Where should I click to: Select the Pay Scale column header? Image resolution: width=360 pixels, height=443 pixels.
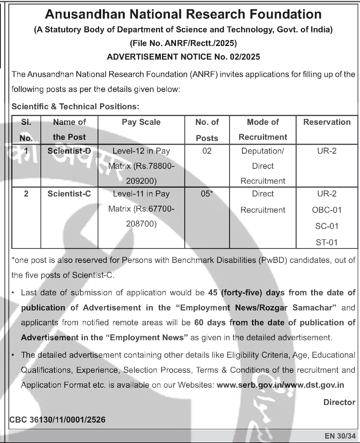pyautogui.click(x=141, y=122)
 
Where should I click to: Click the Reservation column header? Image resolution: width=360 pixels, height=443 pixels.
pyautogui.click(x=327, y=122)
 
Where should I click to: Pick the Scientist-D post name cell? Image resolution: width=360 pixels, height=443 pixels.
pyautogui.click(x=69, y=151)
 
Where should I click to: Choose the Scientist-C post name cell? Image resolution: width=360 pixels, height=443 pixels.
pyautogui.click(x=69, y=194)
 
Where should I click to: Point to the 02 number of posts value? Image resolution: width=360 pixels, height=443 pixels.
pyautogui.click(x=207, y=151)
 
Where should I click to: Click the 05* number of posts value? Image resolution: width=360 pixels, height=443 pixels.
pyautogui.click(x=207, y=194)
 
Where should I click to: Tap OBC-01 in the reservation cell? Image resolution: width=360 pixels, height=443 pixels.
pyautogui.click(x=327, y=210)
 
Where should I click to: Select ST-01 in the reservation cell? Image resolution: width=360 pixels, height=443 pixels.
pyautogui.click(x=327, y=242)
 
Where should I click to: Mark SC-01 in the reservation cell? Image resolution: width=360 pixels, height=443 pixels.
pyautogui.click(x=327, y=226)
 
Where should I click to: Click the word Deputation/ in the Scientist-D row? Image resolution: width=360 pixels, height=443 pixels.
pyautogui.click(x=263, y=151)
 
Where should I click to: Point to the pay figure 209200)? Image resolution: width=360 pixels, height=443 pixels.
pyautogui.click(x=141, y=181)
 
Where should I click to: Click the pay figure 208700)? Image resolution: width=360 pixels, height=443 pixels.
pyautogui.click(x=141, y=224)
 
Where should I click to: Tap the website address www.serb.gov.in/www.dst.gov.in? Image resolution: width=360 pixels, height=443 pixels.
pyautogui.click(x=280, y=385)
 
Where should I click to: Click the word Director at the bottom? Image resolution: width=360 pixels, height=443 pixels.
pyautogui.click(x=339, y=402)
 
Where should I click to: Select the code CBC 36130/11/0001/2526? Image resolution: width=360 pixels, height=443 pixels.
pyautogui.click(x=58, y=420)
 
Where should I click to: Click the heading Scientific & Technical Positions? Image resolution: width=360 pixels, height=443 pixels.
pyautogui.click(x=76, y=106)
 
